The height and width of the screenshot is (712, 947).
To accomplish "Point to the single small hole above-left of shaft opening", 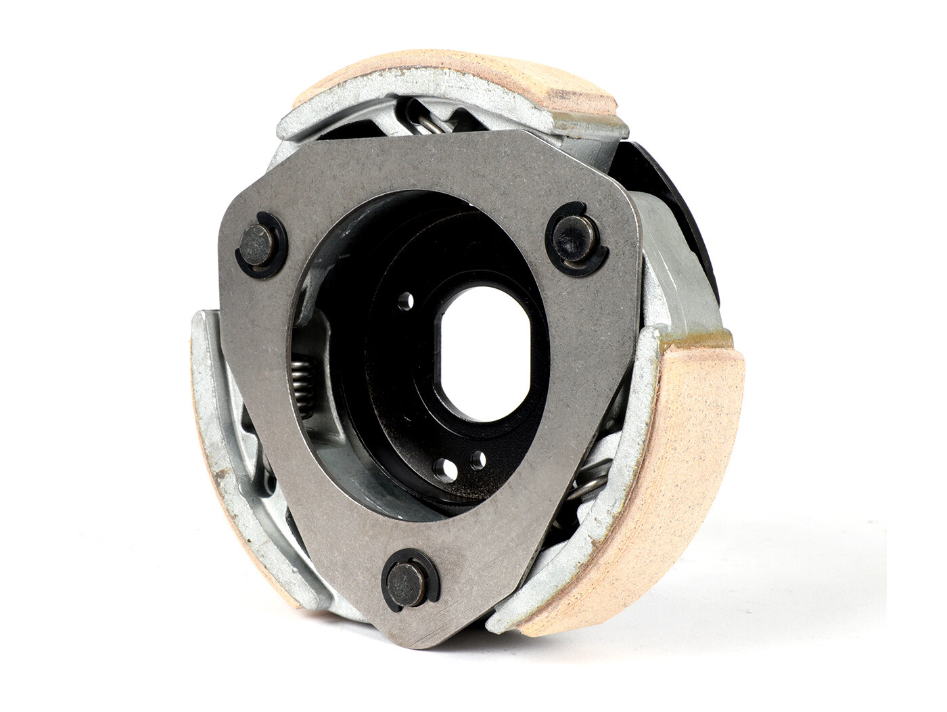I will [407, 298].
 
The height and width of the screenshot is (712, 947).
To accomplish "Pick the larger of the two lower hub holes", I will [444, 466].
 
